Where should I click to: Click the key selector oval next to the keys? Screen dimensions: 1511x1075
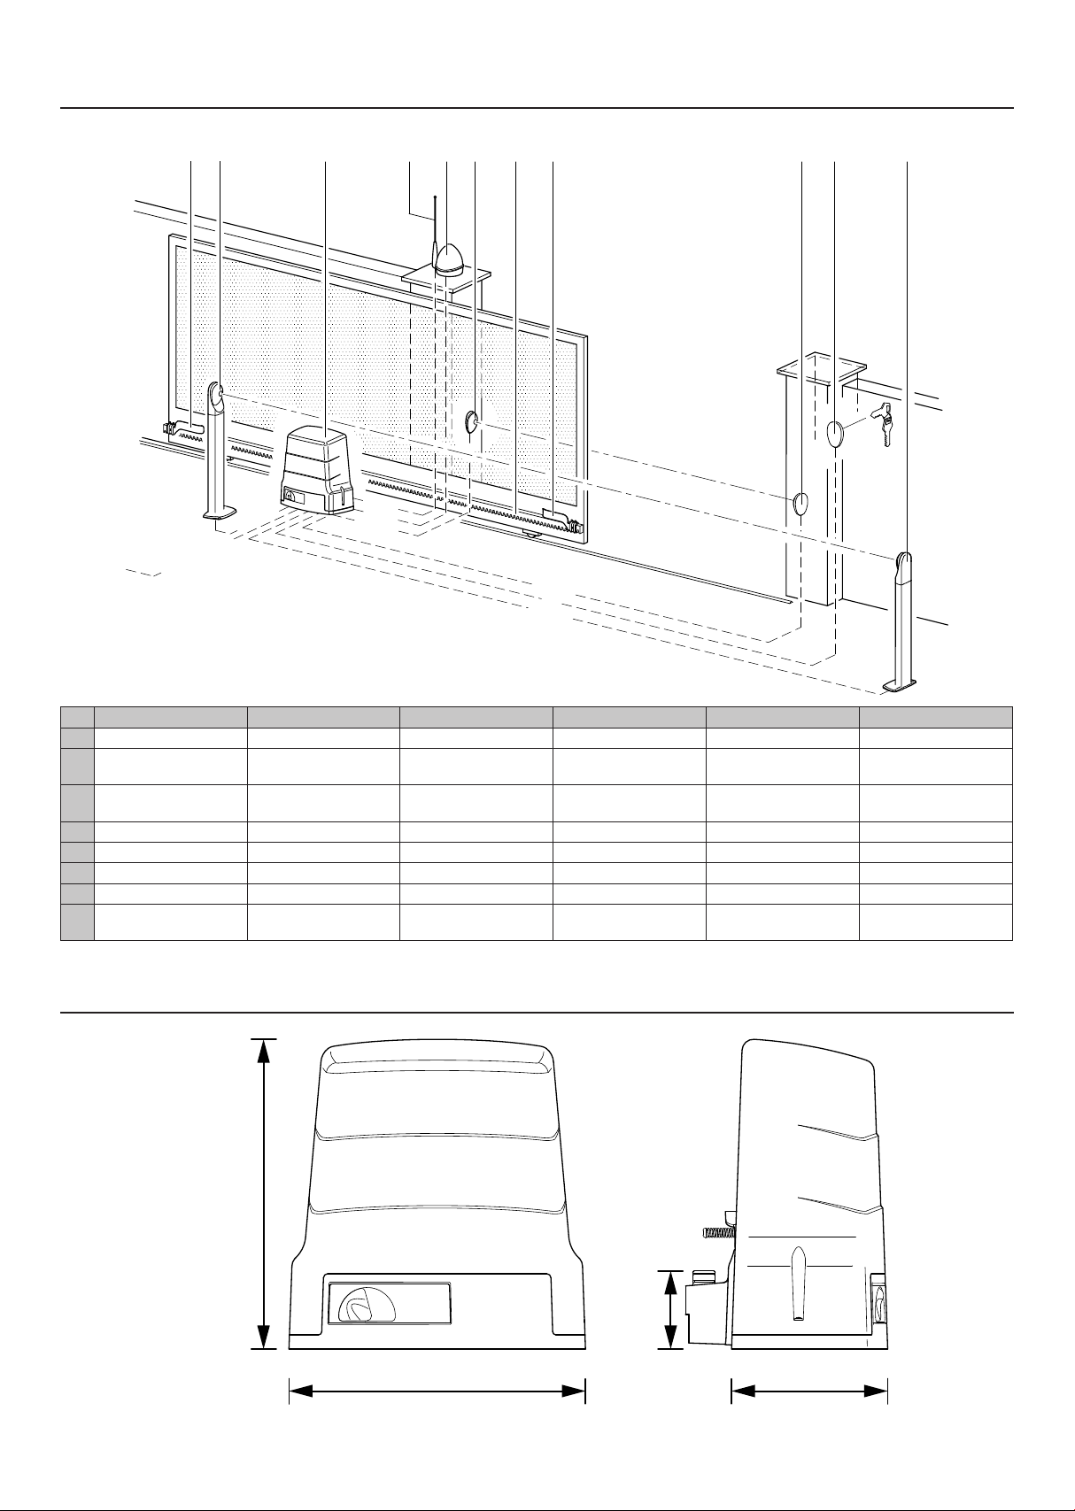pyautogui.click(x=836, y=434)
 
